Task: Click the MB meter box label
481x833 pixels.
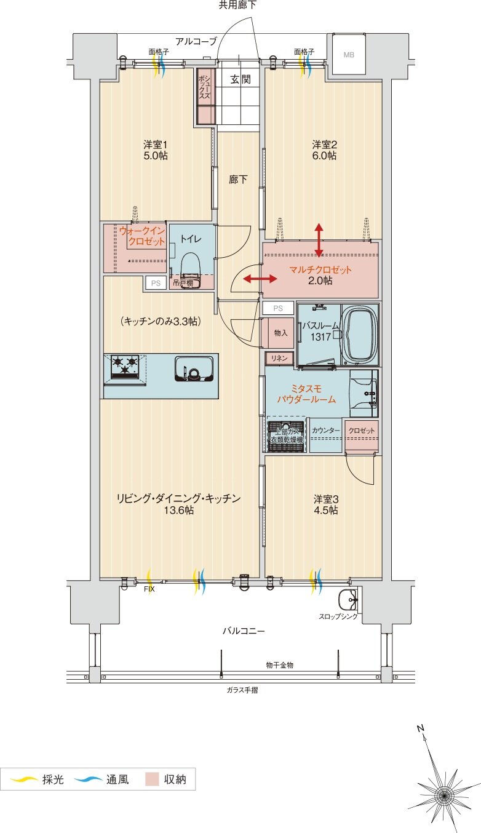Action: tap(349, 55)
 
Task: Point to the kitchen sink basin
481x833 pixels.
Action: tap(191, 369)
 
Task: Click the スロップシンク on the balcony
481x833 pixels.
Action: tap(348, 598)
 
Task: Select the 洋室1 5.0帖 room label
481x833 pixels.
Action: tap(156, 150)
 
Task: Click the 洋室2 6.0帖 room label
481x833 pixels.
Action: tap(324, 150)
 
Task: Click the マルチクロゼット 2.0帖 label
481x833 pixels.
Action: tap(320, 275)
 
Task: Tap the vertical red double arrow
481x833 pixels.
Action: tap(319, 240)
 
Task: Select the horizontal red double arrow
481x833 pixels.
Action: tap(260, 279)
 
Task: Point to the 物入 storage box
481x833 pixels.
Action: tap(280, 333)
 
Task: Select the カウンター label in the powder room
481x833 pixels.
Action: tap(325, 431)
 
